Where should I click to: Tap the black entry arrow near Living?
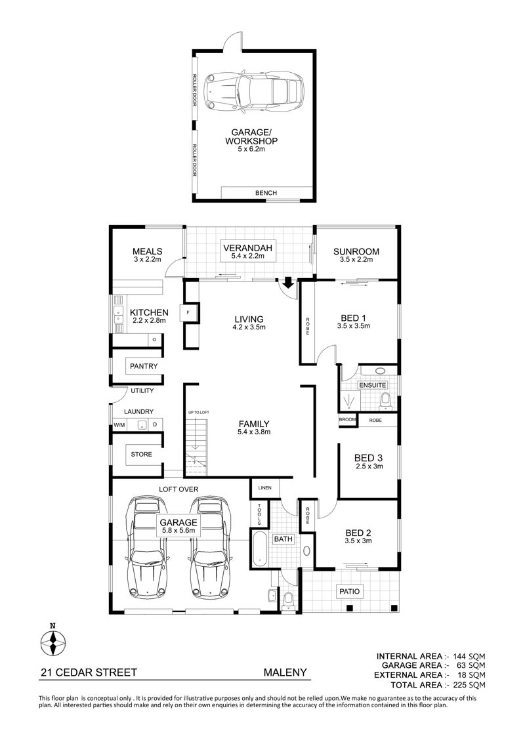point(287,283)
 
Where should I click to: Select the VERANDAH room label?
point(247,247)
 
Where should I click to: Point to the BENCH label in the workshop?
point(266,193)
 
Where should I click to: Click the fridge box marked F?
point(188,312)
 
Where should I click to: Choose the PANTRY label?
point(144,366)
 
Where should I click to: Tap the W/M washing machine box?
point(119,425)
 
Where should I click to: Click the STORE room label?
point(142,454)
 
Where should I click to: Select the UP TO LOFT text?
point(198,413)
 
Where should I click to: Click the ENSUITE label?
point(373,385)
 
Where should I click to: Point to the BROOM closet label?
point(347,420)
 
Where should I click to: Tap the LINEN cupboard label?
point(265,488)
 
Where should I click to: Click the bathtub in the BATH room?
point(260,549)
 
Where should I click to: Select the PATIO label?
point(349,592)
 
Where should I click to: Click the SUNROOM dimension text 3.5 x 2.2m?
point(356,259)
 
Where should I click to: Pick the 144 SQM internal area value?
point(469,656)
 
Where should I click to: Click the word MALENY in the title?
point(285,672)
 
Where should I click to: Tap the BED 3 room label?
point(368,458)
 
